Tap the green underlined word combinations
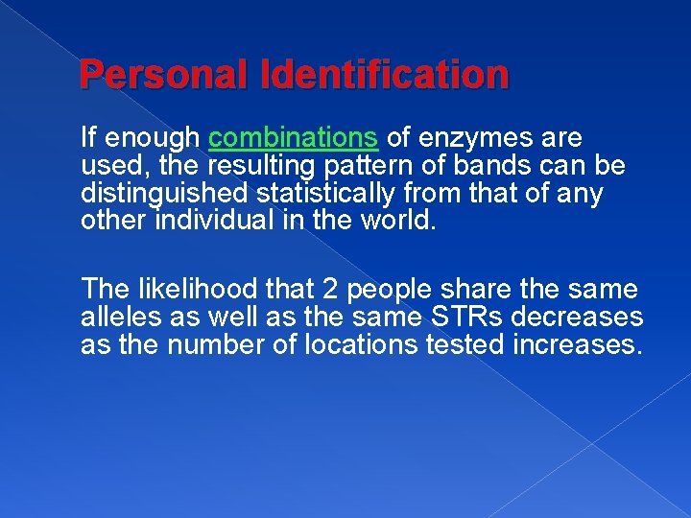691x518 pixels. tap(294, 138)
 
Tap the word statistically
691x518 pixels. tap(325, 194)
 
